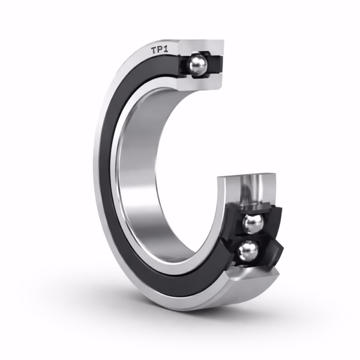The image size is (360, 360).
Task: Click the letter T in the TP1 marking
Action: coord(154,51)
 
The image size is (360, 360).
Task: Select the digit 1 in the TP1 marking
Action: coord(166,49)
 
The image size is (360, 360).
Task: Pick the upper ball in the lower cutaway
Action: coord(253,223)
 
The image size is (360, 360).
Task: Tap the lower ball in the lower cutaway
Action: coord(248,253)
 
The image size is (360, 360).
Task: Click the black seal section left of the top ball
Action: coord(184,65)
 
